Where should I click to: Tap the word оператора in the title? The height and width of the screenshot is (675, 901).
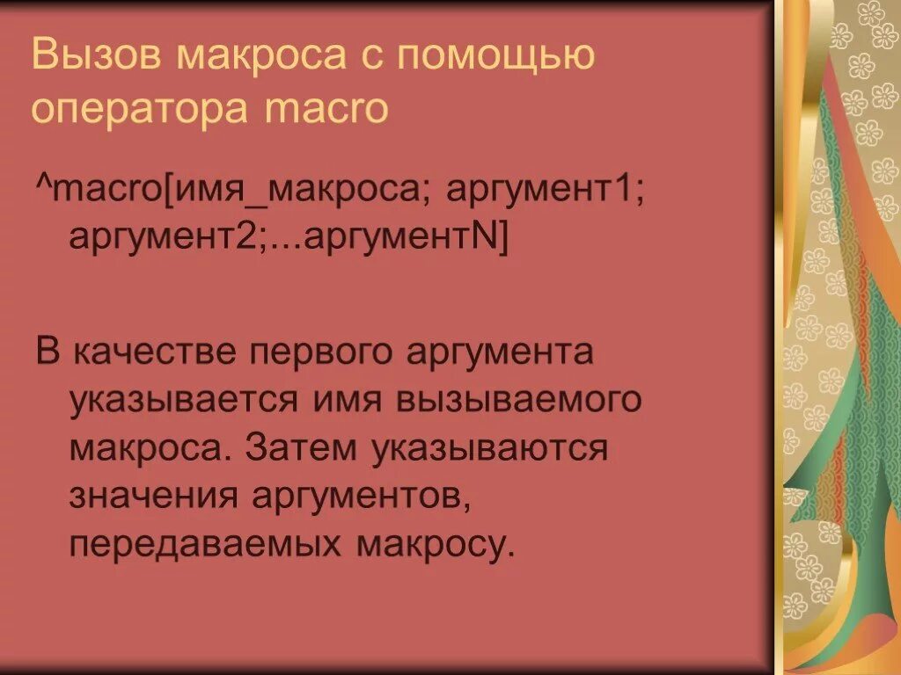(140, 109)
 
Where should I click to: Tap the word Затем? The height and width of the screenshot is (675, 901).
(300, 448)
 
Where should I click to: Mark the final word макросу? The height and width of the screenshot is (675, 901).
(434, 545)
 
